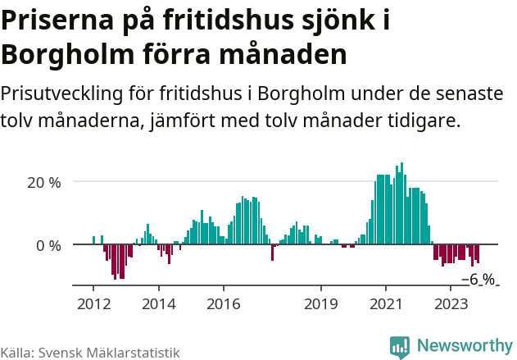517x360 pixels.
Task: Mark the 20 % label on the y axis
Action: coord(44,182)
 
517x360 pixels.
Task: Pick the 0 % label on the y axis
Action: coord(48,245)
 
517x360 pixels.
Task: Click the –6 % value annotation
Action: coord(478,280)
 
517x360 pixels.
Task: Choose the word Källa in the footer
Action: coord(16,352)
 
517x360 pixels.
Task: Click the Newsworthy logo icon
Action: coord(400,347)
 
